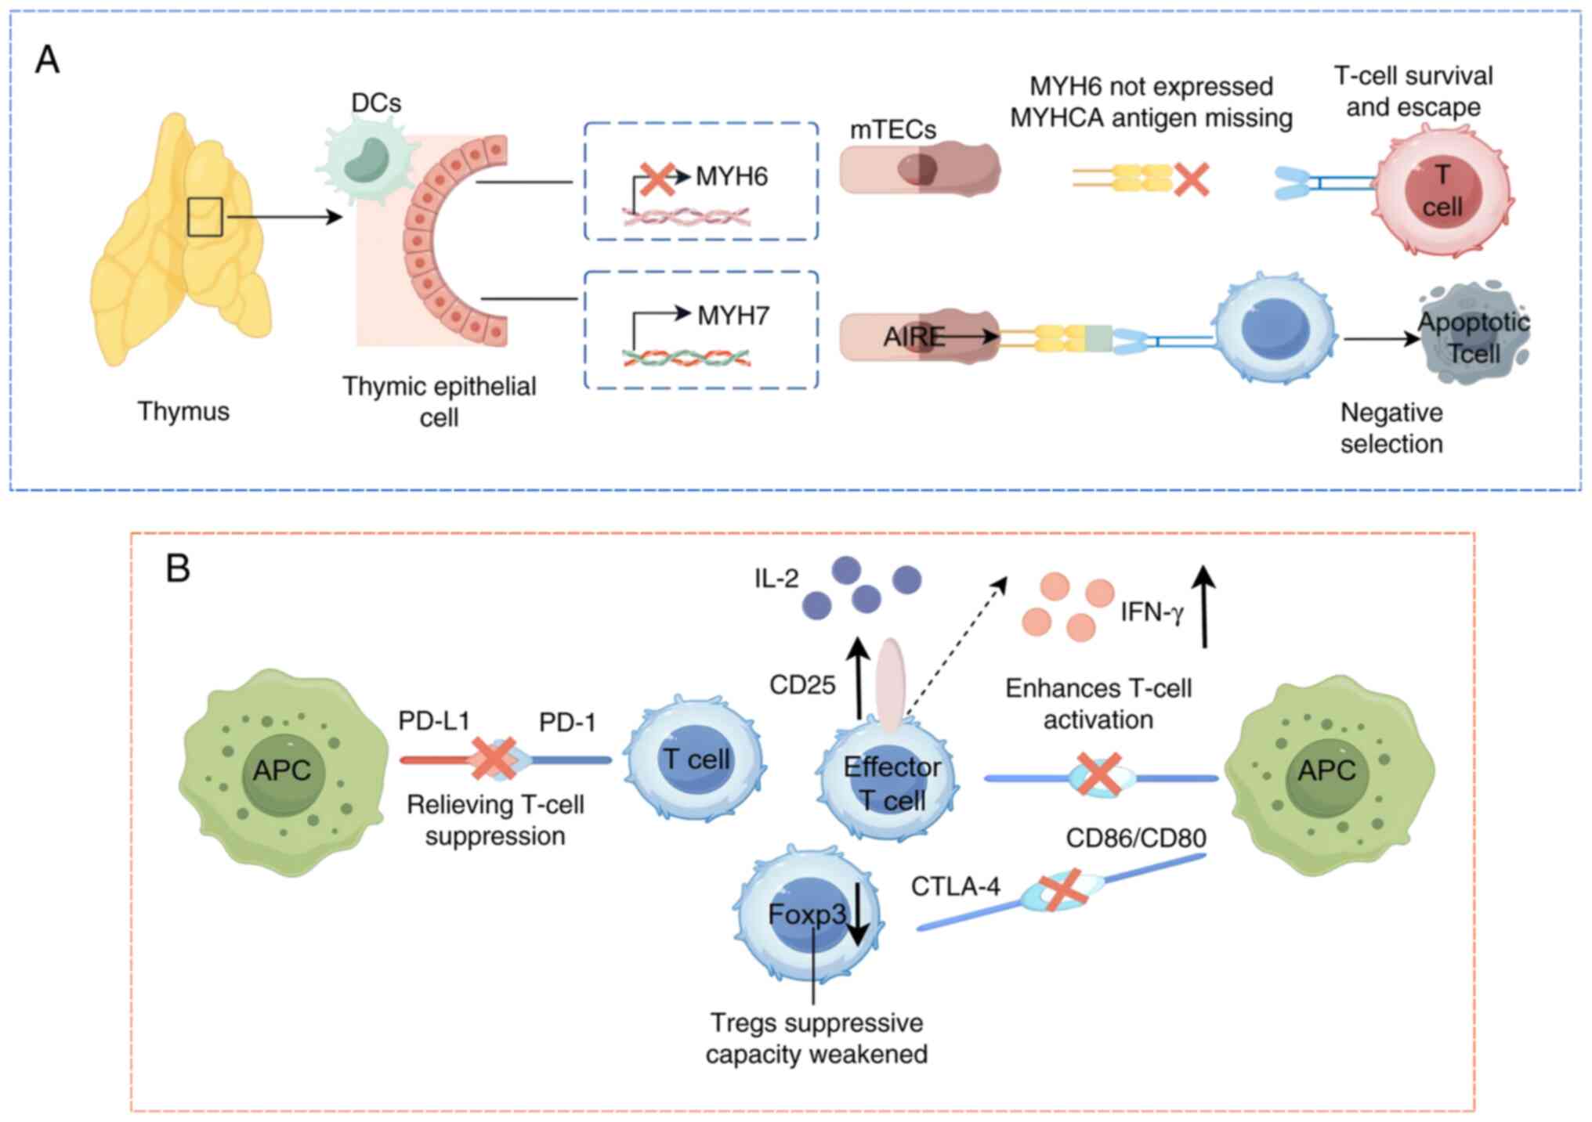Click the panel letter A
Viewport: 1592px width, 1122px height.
[x=48, y=60]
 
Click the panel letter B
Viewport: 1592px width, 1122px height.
[x=178, y=568]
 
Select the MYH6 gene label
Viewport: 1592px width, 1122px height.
[x=732, y=176]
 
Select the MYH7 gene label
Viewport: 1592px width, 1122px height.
[x=733, y=316]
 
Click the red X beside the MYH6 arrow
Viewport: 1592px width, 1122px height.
[x=657, y=179]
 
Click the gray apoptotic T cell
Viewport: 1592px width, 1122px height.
[x=1473, y=337]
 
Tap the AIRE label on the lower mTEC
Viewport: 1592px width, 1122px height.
[x=913, y=337]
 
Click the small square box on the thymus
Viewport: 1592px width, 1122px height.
[x=205, y=217]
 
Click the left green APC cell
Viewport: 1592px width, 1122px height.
[x=282, y=771]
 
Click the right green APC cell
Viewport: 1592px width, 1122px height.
[x=1327, y=771]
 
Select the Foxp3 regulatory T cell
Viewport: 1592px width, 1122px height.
[x=807, y=914]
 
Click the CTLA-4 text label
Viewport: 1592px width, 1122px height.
[x=955, y=886]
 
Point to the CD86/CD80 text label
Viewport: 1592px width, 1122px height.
[x=1135, y=838]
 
